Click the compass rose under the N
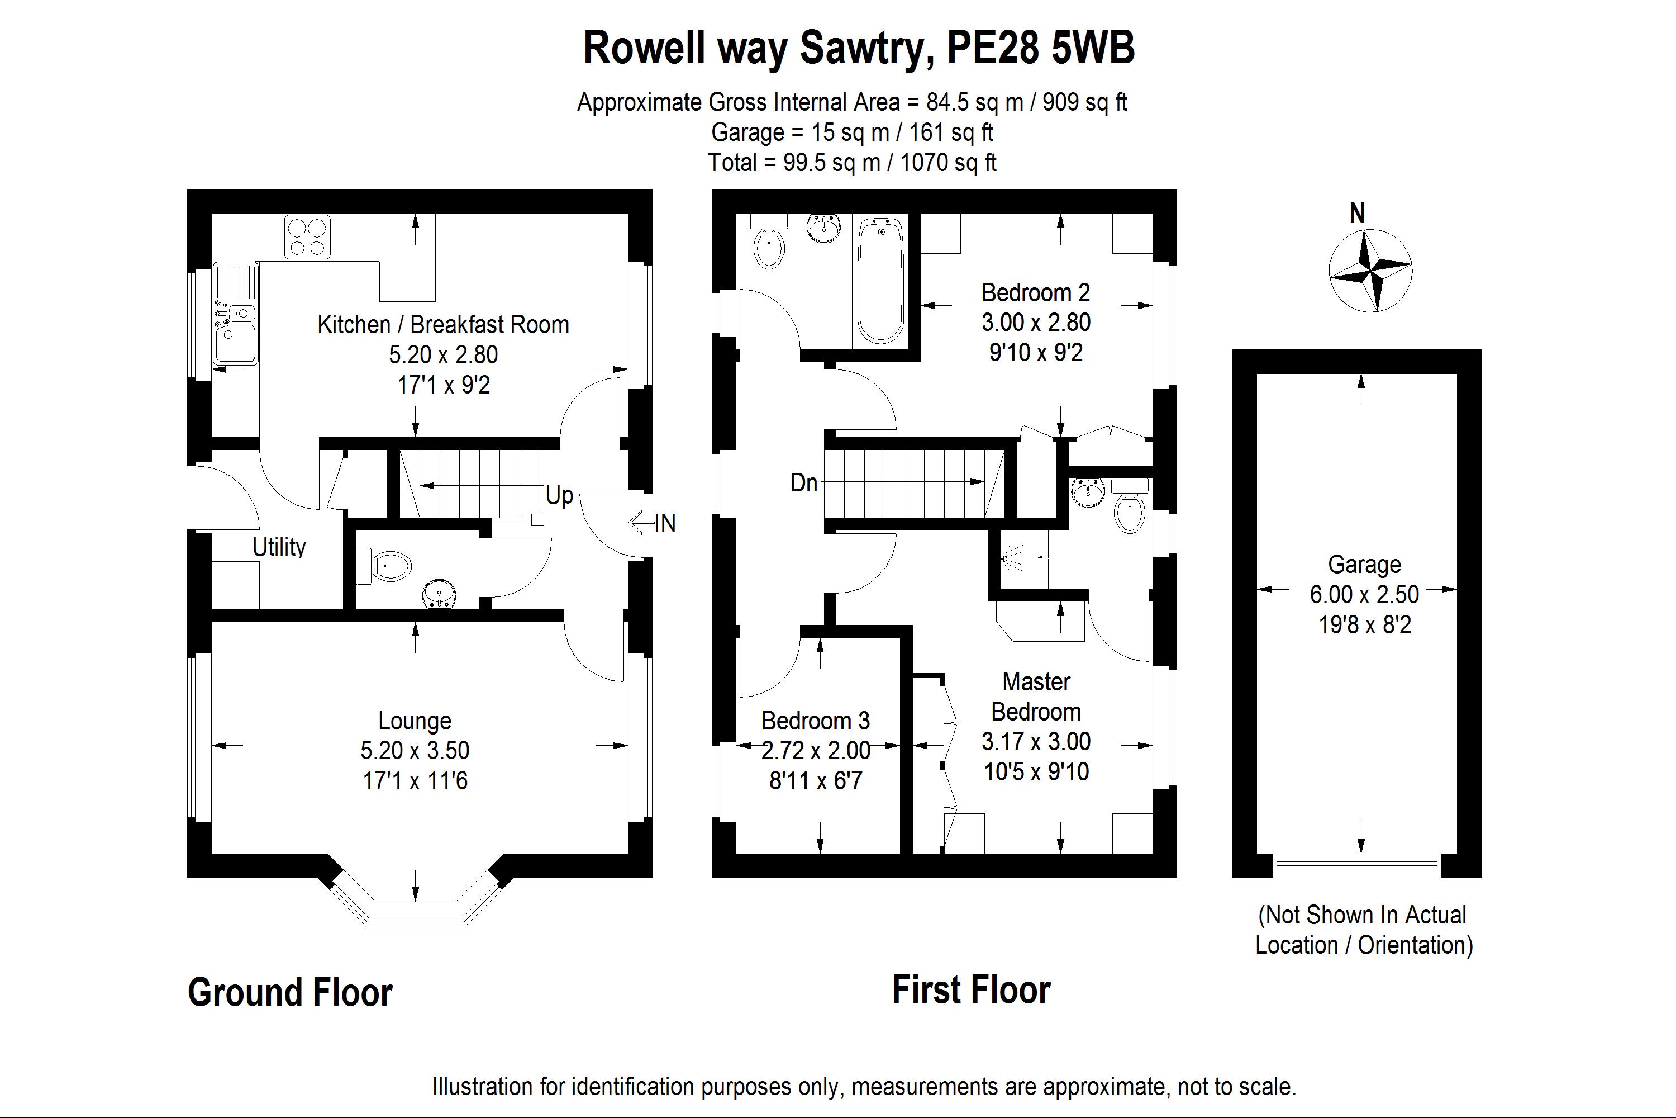point(1370,270)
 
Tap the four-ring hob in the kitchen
point(307,236)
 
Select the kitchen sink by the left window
point(235,314)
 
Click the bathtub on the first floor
point(881,281)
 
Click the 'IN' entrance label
point(665,523)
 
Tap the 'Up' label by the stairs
point(559,495)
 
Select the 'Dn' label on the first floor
point(804,483)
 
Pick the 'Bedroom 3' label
point(815,721)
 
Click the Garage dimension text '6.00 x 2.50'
point(1364,594)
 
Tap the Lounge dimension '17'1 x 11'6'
point(415,781)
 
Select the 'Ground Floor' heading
point(290,993)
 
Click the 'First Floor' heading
point(972,989)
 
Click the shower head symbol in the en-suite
point(1011,557)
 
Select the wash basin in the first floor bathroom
point(825,228)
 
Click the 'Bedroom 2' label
point(1035,292)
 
